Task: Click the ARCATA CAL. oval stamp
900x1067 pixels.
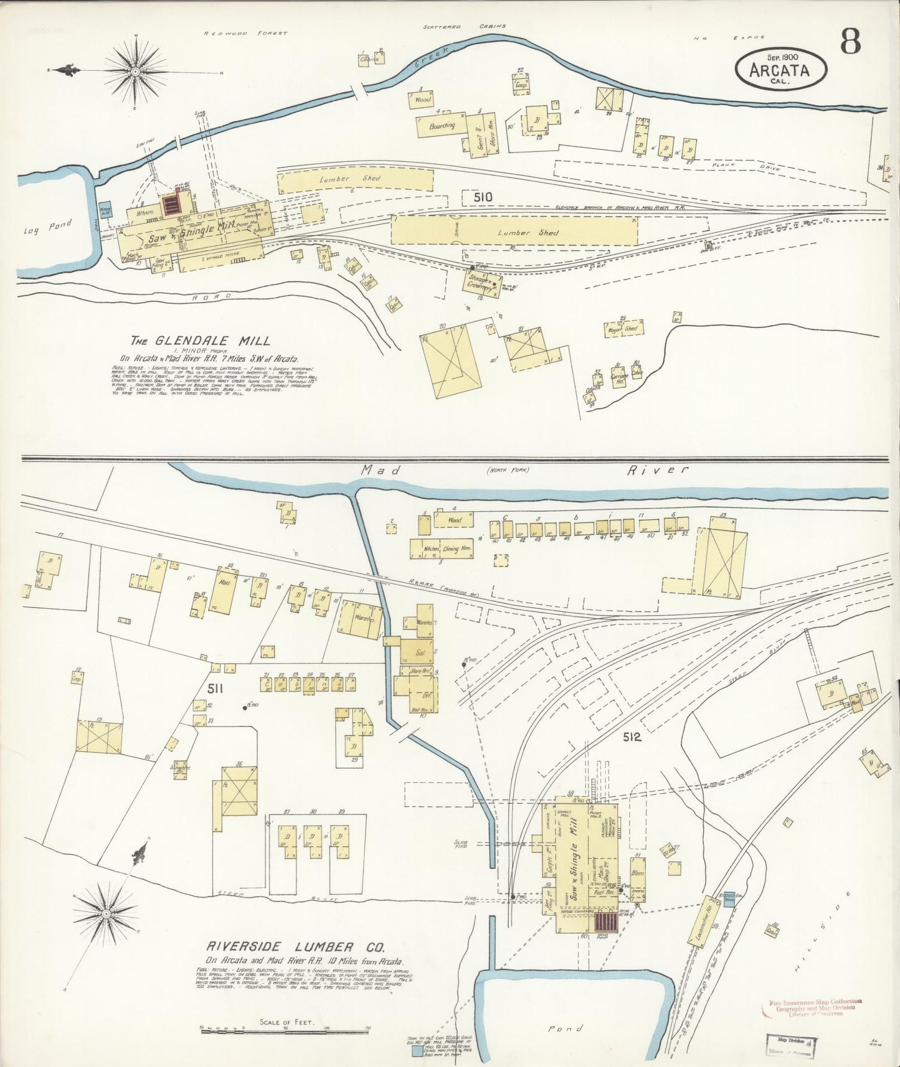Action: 781,68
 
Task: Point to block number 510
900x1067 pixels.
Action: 483,197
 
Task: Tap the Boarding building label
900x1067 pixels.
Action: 442,125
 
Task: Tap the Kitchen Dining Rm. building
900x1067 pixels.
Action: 440,549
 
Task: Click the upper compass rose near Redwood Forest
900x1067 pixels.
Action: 135,72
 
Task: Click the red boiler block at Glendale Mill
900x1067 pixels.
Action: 169,204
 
